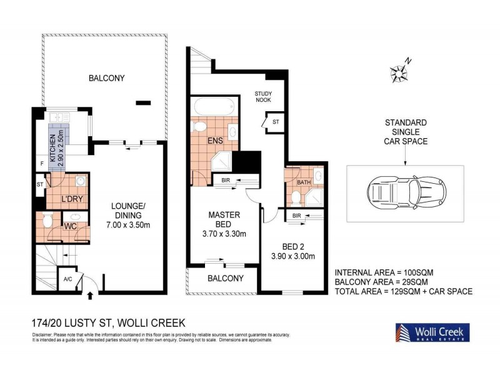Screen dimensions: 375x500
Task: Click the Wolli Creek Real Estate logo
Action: pyautogui.click(x=431, y=332)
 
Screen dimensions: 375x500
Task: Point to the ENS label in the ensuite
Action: pyautogui.click(x=216, y=141)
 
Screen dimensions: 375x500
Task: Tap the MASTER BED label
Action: pyautogui.click(x=224, y=219)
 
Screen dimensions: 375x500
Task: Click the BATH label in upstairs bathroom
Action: pyautogui.click(x=304, y=182)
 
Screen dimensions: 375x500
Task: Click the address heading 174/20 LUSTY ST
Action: pyautogui.click(x=108, y=323)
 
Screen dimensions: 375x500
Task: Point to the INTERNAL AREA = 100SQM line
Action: pyautogui.click(x=384, y=272)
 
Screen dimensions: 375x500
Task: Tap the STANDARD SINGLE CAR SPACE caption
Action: pyautogui.click(x=406, y=132)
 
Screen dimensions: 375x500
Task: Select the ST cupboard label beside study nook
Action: pyautogui.click(x=276, y=121)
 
